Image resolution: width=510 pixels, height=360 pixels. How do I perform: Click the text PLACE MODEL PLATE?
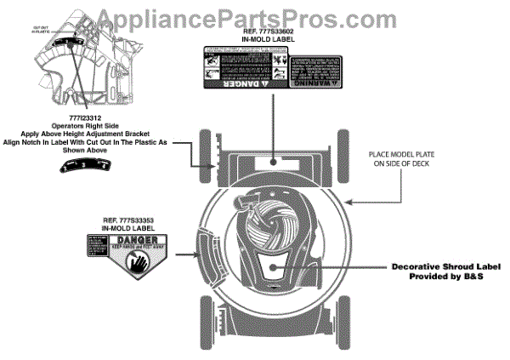(x=406, y=153)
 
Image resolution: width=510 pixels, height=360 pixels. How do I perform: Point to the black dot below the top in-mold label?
(x=273, y=160)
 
